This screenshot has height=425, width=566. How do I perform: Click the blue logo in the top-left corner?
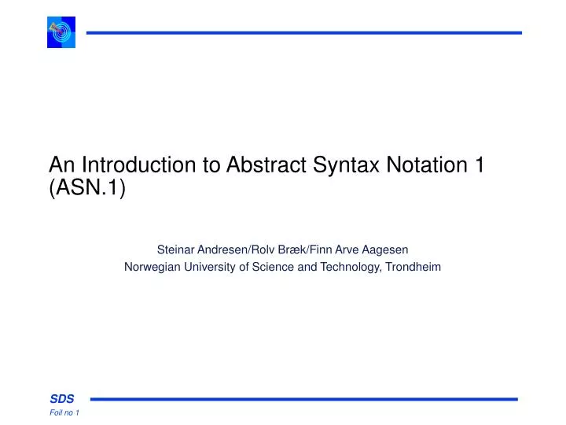(x=61, y=32)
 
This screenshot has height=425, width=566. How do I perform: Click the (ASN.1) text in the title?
(x=86, y=189)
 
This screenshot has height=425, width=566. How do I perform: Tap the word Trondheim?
(x=413, y=267)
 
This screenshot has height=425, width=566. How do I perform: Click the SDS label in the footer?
(x=62, y=399)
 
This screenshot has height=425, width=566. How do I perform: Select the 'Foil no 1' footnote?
(x=64, y=414)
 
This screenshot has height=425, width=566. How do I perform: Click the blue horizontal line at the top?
(x=303, y=32)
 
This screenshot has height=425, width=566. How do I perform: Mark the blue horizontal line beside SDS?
(x=303, y=399)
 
